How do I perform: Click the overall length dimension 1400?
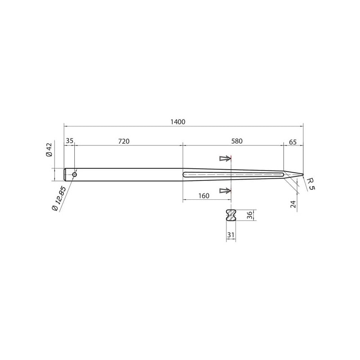coord(178,121)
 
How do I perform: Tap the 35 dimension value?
coord(69,141)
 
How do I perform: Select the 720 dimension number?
coord(124,141)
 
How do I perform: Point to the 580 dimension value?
coord(237,141)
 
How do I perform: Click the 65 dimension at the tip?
coord(293,142)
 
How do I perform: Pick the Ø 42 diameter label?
coord(49,149)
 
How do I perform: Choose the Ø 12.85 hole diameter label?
coord(59,198)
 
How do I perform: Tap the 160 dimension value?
coord(204,196)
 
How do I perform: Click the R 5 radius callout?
coord(311,185)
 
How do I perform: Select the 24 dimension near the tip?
coord(293,204)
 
